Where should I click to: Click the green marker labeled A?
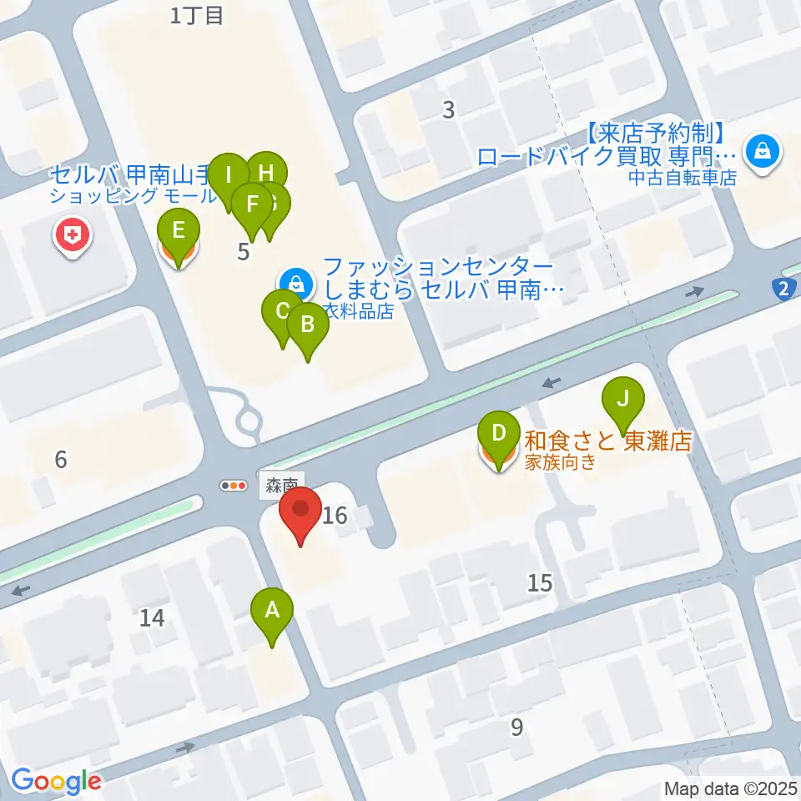pos(272,612)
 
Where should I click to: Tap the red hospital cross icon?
pos(73,236)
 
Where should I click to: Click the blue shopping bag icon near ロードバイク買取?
pos(763,152)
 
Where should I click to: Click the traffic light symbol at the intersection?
pos(234,485)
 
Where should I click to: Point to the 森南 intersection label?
pos(282,485)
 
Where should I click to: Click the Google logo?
pos(56,781)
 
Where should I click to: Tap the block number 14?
pos(152,618)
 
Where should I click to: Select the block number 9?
pos(517,728)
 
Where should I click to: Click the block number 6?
pos(60,458)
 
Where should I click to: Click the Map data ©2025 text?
pos(729,788)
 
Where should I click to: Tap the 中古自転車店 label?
pos(683,178)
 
